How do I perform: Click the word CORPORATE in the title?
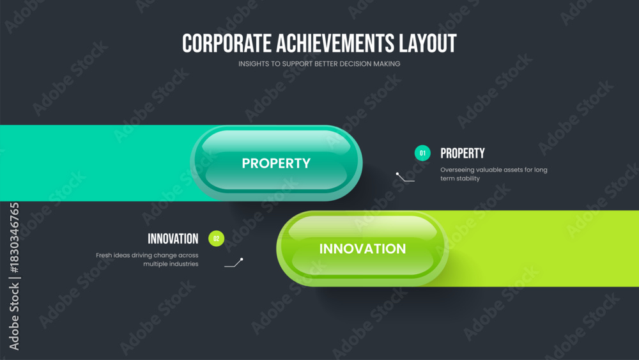pos(227,43)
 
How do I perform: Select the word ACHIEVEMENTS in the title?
pos(335,43)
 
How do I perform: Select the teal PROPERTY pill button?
pos(276,162)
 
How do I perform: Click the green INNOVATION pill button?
pos(362,248)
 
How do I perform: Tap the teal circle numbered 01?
pos(422,153)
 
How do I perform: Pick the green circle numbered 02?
pos(217,239)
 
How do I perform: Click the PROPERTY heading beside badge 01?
pos(463,153)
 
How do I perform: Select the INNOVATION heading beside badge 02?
pos(173,239)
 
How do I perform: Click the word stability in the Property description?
pos(468,178)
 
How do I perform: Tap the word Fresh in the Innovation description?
pos(104,255)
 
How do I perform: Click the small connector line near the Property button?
pos(404,178)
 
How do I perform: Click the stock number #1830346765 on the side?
pos(14,238)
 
